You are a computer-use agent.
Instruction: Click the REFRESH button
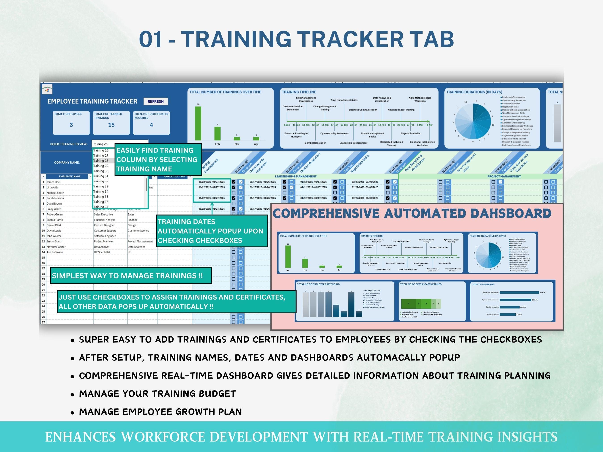point(155,101)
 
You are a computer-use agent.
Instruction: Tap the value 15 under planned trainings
point(111,125)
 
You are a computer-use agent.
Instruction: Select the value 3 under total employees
point(71,125)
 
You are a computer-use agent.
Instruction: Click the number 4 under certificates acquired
point(151,125)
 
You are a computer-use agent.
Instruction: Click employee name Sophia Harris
point(54,220)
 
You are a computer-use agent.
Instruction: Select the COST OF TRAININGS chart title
point(483,284)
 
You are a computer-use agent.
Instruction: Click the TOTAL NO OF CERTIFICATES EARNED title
point(421,284)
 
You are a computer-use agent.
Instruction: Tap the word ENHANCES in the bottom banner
point(80,437)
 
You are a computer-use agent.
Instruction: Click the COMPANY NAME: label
point(67,163)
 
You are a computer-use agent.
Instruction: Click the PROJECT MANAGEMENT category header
point(504,177)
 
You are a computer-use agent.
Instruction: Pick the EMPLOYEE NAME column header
point(69,177)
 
